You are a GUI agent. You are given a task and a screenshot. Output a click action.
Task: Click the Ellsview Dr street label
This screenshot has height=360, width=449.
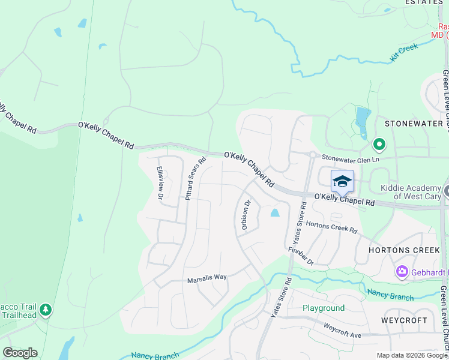click(x=160, y=183)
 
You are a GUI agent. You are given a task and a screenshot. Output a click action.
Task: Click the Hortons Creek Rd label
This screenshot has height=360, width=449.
click(x=331, y=227)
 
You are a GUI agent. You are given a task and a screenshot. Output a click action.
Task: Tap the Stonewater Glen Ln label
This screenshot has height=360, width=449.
click(x=351, y=158)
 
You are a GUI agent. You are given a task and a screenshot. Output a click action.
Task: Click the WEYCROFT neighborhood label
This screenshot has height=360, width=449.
click(x=406, y=320)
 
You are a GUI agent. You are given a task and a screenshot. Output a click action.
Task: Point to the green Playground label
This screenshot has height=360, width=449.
click(x=324, y=308)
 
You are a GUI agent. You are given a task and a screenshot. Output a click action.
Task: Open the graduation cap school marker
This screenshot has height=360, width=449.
click(x=342, y=181)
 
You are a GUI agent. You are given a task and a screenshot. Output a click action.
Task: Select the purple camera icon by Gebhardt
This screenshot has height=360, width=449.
click(x=402, y=272)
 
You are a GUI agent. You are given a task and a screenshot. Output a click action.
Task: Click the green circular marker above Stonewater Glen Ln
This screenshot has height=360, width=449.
click(x=379, y=145)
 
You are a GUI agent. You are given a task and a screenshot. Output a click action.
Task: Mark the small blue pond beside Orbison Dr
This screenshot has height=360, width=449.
click(x=275, y=212)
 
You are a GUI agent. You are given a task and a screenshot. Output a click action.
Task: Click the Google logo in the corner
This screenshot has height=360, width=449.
click(x=20, y=353)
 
